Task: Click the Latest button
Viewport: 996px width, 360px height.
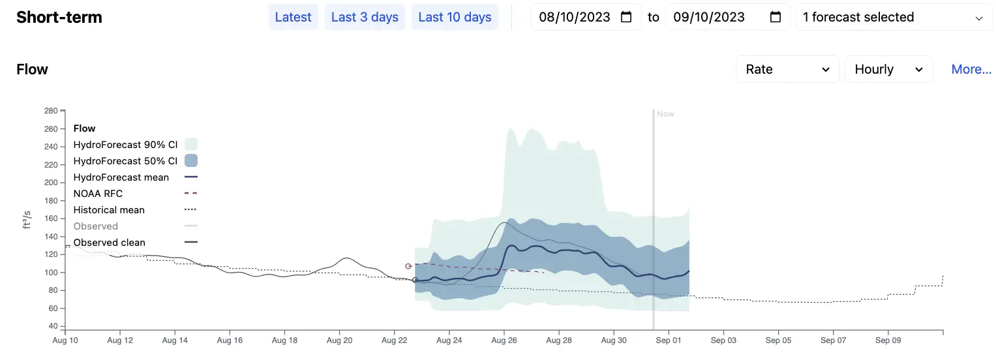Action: [x=293, y=17]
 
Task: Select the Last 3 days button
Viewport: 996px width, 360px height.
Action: [x=365, y=17]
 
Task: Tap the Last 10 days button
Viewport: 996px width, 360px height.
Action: [x=455, y=17]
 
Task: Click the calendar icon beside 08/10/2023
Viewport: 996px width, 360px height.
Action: [x=626, y=17]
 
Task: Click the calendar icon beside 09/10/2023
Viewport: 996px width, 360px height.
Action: [x=776, y=17]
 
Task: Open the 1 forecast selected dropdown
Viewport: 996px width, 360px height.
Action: [x=894, y=17]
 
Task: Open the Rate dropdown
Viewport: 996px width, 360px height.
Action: [x=787, y=69]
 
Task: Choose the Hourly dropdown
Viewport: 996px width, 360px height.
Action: [x=888, y=69]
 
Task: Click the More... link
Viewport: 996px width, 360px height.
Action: [x=971, y=69]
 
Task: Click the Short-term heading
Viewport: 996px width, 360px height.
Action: [x=59, y=18]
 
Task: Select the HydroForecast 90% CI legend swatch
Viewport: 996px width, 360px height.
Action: [x=191, y=144]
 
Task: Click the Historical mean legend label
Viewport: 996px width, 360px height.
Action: [x=109, y=210]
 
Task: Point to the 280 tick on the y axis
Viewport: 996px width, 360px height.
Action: [x=51, y=111]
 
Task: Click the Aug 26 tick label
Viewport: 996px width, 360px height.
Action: [x=504, y=340]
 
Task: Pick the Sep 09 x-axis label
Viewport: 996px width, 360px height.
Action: [x=888, y=340]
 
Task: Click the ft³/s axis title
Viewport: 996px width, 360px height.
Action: [x=27, y=220]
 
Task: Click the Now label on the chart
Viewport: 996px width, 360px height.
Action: [x=665, y=114]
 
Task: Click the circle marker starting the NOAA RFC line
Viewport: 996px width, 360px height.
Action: [x=408, y=266]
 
